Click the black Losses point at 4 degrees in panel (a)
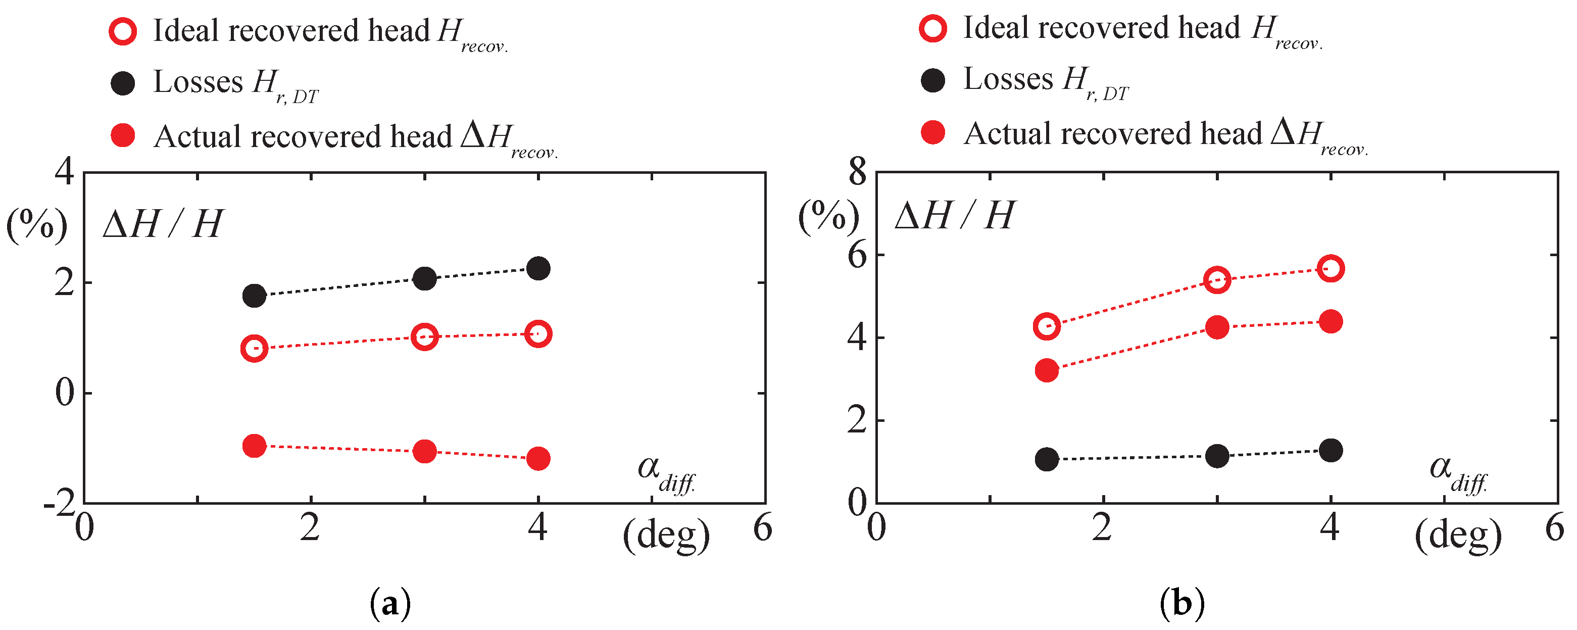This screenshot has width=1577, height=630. point(538,268)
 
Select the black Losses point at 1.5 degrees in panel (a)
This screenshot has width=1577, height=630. point(254,296)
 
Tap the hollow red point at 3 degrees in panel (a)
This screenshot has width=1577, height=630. point(424,336)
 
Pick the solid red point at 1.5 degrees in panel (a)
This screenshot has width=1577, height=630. point(254,446)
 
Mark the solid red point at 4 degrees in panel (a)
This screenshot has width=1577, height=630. point(538,458)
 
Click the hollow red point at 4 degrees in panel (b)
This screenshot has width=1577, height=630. point(1330,268)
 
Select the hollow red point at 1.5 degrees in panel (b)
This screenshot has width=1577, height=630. point(1047,326)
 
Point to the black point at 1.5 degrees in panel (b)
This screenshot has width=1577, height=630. point(1047,459)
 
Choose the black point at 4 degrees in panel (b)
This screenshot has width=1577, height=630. point(1330,451)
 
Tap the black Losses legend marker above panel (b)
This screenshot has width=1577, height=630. point(932,80)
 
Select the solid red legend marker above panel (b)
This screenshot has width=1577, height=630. point(932,132)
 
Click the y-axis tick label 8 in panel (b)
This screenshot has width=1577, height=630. point(858,173)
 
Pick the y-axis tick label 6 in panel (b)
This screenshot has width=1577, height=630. point(858,255)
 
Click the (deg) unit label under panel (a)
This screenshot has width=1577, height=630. point(666,536)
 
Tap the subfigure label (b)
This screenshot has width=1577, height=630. point(1181,604)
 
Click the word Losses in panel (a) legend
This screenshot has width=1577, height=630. point(198,81)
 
